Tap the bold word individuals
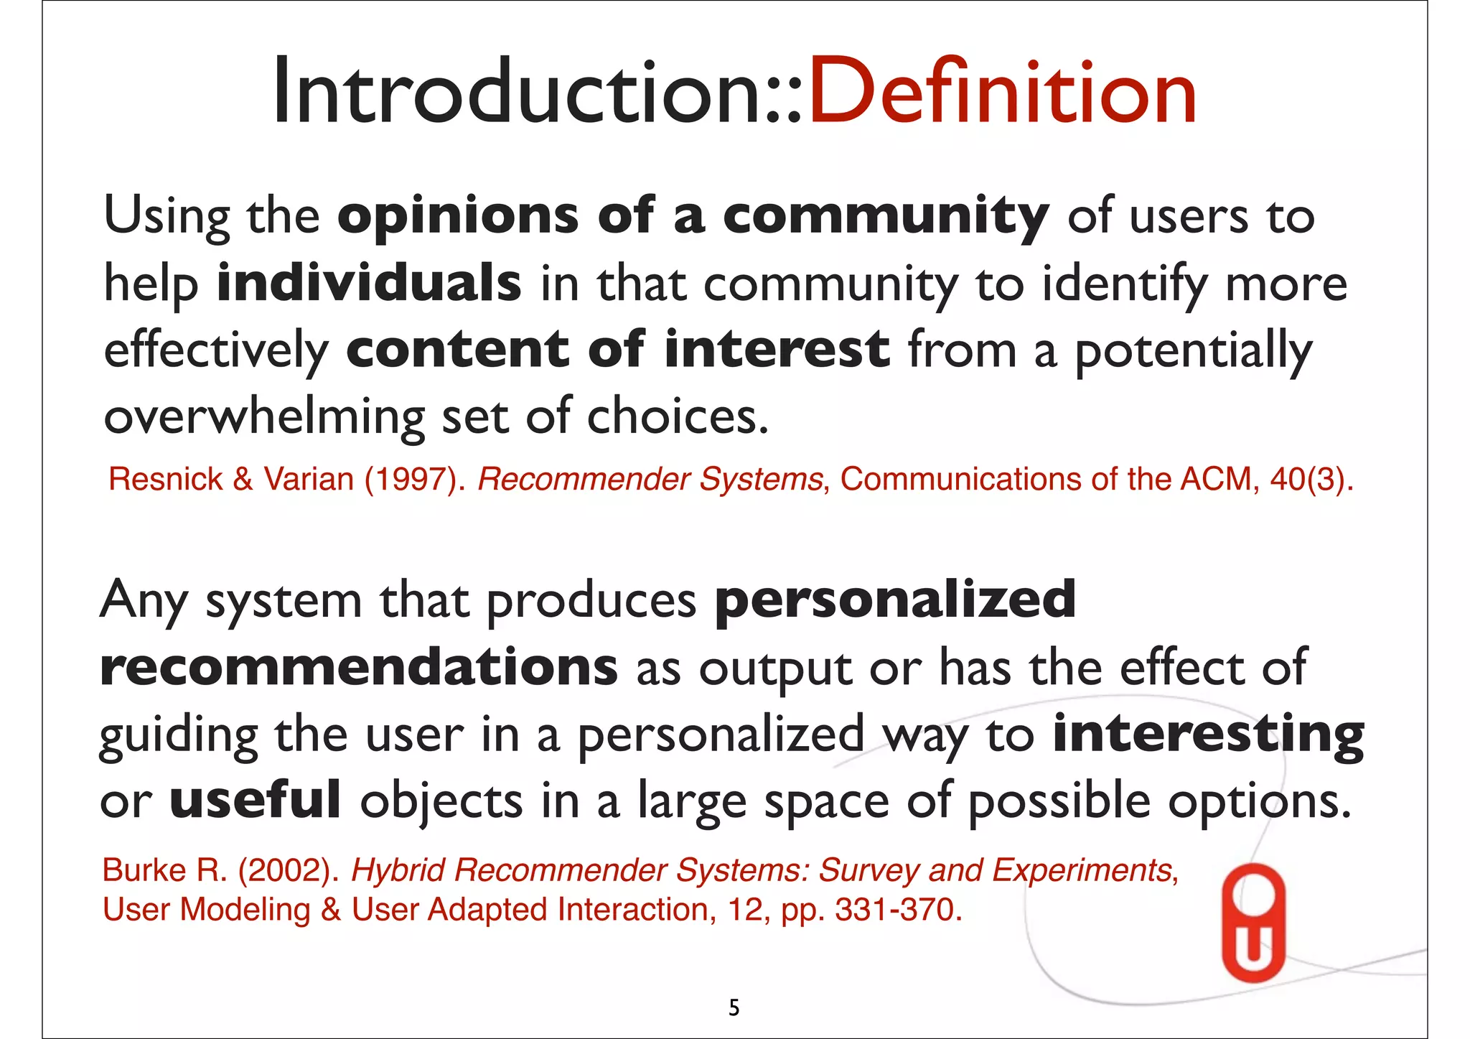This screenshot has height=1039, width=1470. point(369,282)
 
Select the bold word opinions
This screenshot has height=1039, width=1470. point(457,215)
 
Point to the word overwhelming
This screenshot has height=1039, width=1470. point(264,416)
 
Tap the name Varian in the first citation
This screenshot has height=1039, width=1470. point(309,479)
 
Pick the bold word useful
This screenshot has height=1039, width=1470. point(255,800)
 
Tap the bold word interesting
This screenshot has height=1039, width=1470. point(1208,734)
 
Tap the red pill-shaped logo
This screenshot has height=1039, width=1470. point(1253,922)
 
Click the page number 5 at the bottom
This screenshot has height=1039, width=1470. point(734,1008)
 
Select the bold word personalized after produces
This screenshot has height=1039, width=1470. point(895,600)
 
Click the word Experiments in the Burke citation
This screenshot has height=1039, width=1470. point(1084,870)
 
